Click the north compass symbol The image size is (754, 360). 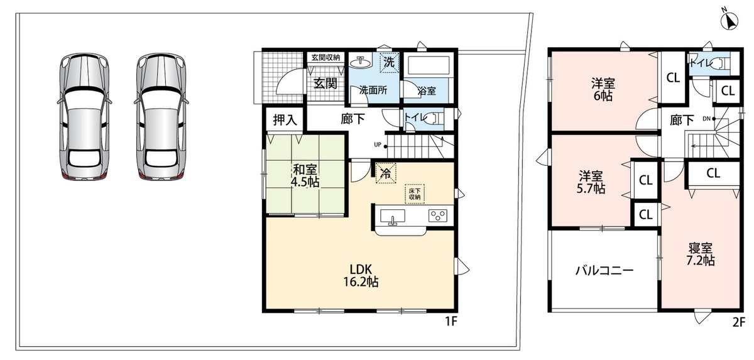pyautogui.click(x=729, y=21)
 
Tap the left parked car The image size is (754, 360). pyautogui.click(x=84, y=116)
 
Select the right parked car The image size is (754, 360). pyautogui.click(x=161, y=116)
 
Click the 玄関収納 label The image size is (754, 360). pyautogui.click(x=325, y=57)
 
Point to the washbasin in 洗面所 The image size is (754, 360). pyautogui.click(x=361, y=63)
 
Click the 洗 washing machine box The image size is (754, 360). pyautogui.click(x=390, y=62)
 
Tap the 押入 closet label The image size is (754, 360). pyautogui.click(x=285, y=119)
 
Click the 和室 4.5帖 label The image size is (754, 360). pyautogui.click(x=305, y=175)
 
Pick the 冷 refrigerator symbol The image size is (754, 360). pyautogui.click(x=386, y=173)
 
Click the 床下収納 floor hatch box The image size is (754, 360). pyautogui.click(x=414, y=194)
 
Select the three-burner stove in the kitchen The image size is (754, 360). pyautogui.click(x=438, y=215)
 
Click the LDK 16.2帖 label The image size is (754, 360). pyautogui.click(x=361, y=275)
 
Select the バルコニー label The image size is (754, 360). pyautogui.click(x=604, y=270)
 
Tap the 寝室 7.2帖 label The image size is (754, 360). pyautogui.click(x=700, y=254)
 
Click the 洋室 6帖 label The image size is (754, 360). pyautogui.click(x=603, y=89)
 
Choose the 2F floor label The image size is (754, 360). pyautogui.click(x=738, y=322)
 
